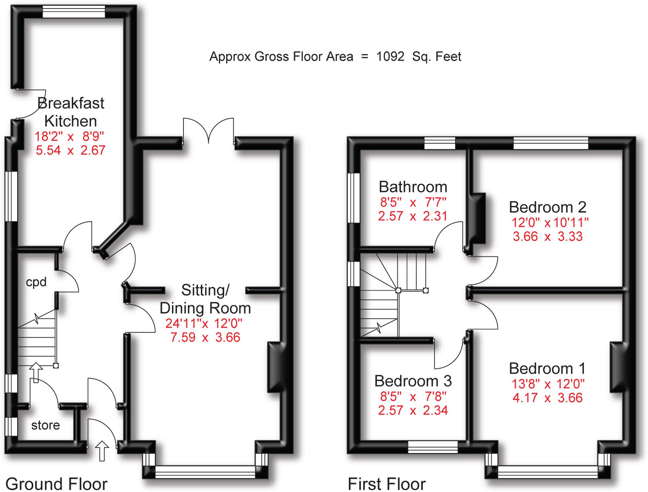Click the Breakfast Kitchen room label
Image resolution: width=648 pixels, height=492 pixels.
coord(71,112)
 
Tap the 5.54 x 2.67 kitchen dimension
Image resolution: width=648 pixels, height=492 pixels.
coord(71,150)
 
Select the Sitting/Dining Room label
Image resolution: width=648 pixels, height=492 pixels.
coord(205,299)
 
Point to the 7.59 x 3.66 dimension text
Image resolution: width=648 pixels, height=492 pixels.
coord(205,338)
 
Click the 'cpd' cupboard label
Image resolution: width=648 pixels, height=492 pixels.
coord(36,282)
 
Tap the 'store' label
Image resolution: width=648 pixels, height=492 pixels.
coord(46,425)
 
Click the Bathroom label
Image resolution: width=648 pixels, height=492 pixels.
coord(413,187)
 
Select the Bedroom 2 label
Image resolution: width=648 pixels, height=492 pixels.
coord(548,207)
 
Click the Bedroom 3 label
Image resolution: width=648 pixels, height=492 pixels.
coord(413,381)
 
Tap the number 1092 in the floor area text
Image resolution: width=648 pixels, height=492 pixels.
coord(390,57)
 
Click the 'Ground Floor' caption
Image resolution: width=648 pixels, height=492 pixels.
coord(56,484)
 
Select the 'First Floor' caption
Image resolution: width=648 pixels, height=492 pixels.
coord(387,484)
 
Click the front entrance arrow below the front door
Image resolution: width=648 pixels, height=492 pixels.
coord(102,451)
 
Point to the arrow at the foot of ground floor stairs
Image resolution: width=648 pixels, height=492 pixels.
coord(36,373)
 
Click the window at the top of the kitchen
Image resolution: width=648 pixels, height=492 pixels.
coord(74,12)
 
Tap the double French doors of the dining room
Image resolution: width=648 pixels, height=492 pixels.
coord(208,131)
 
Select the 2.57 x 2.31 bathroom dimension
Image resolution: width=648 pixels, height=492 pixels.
coord(413,216)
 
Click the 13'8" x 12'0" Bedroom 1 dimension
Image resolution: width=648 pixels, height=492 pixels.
coord(548,384)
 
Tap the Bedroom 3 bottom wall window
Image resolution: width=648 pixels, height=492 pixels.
coord(433,447)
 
